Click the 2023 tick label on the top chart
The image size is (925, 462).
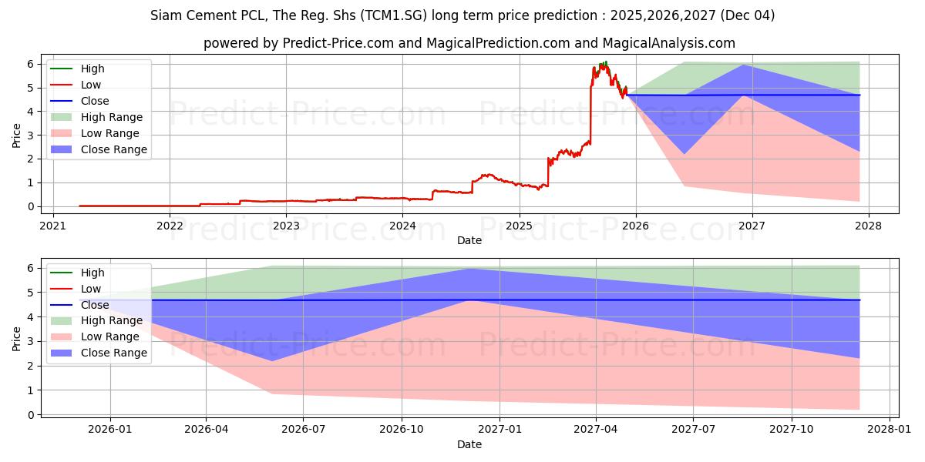click(286, 226)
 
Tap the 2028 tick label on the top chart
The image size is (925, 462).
click(869, 226)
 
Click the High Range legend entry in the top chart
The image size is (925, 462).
click(111, 117)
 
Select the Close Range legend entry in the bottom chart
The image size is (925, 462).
click(113, 353)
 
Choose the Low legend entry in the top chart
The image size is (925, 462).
click(91, 85)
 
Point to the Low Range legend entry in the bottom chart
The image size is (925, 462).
click(111, 336)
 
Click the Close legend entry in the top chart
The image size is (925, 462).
click(95, 101)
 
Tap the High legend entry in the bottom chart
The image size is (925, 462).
click(92, 273)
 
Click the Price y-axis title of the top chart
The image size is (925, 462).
click(16, 136)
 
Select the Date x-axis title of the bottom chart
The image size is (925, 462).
click(469, 444)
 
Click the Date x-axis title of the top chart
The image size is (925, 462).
click(469, 240)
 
